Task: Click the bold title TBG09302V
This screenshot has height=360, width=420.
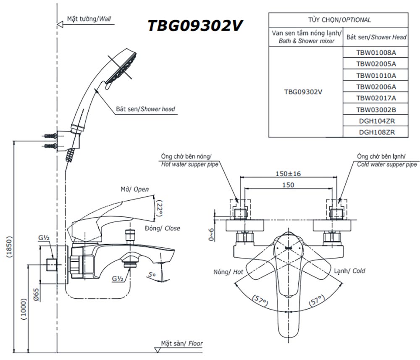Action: (195, 26)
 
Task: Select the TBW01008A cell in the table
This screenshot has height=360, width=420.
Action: (376, 53)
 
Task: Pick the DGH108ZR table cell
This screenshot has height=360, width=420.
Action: (376, 132)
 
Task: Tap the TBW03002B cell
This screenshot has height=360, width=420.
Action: (376, 110)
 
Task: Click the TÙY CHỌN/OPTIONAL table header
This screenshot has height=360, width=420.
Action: (339, 20)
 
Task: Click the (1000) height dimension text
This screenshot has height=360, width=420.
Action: (24, 309)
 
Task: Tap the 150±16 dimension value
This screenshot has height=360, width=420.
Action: (288, 173)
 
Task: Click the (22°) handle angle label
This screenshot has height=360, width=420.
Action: (160, 208)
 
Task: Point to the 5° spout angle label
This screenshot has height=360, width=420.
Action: (152, 275)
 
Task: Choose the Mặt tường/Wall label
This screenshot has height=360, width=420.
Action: (89, 19)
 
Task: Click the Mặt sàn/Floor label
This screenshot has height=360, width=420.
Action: (182, 343)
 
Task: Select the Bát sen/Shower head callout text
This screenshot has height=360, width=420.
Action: (145, 109)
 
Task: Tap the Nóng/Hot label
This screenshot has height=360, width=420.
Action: (228, 272)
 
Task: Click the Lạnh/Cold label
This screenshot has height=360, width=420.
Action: (349, 271)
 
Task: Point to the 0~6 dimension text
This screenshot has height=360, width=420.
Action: (212, 234)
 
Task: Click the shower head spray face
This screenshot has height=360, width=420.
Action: (121, 68)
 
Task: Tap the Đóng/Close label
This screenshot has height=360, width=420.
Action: (162, 228)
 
